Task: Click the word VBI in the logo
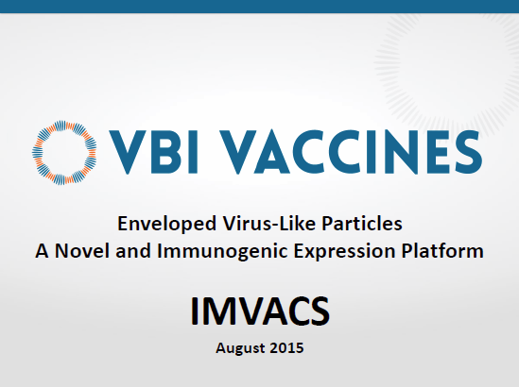(x=153, y=152)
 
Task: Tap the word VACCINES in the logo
(x=351, y=152)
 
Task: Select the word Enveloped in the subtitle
(x=167, y=225)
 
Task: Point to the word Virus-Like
(x=269, y=223)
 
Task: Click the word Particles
(x=362, y=223)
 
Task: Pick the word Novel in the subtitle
(x=82, y=250)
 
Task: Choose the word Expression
(x=344, y=252)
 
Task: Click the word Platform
(x=442, y=250)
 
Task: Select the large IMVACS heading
(x=260, y=311)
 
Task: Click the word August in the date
(x=240, y=348)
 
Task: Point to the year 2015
(x=286, y=348)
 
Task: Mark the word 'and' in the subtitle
(x=133, y=250)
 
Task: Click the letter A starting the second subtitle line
(x=42, y=251)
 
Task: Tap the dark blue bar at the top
(x=259, y=7)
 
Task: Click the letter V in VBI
(x=128, y=152)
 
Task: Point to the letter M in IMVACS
(x=216, y=311)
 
